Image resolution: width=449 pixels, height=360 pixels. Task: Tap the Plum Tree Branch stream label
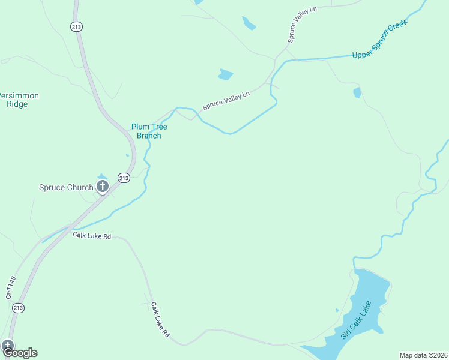click(x=149, y=131)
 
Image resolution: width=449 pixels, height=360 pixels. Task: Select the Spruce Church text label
click(x=66, y=187)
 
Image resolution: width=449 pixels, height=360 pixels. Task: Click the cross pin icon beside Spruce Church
click(x=103, y=187)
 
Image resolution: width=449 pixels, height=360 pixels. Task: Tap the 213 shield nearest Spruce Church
click(x=124, y=178)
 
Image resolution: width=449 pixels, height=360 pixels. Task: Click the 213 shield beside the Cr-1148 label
click(x=18, y=308)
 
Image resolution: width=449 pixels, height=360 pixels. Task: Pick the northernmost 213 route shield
click(x=76, y=26)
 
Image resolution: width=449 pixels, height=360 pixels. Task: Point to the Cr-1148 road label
click(x=9, y=287)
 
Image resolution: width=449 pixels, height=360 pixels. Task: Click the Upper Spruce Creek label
click(x=380, y=39)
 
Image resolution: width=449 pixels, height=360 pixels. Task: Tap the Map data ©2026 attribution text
click(x=423, y=355)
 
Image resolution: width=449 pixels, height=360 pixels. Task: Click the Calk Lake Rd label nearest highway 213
click(x=92, y=236)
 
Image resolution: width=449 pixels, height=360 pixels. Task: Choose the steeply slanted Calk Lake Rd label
click(x=160, y=319)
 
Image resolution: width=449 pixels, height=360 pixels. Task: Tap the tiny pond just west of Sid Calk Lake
click(x=337, y=310)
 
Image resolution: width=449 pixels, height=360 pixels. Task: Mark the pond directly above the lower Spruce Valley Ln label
click(x=226, y=75)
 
